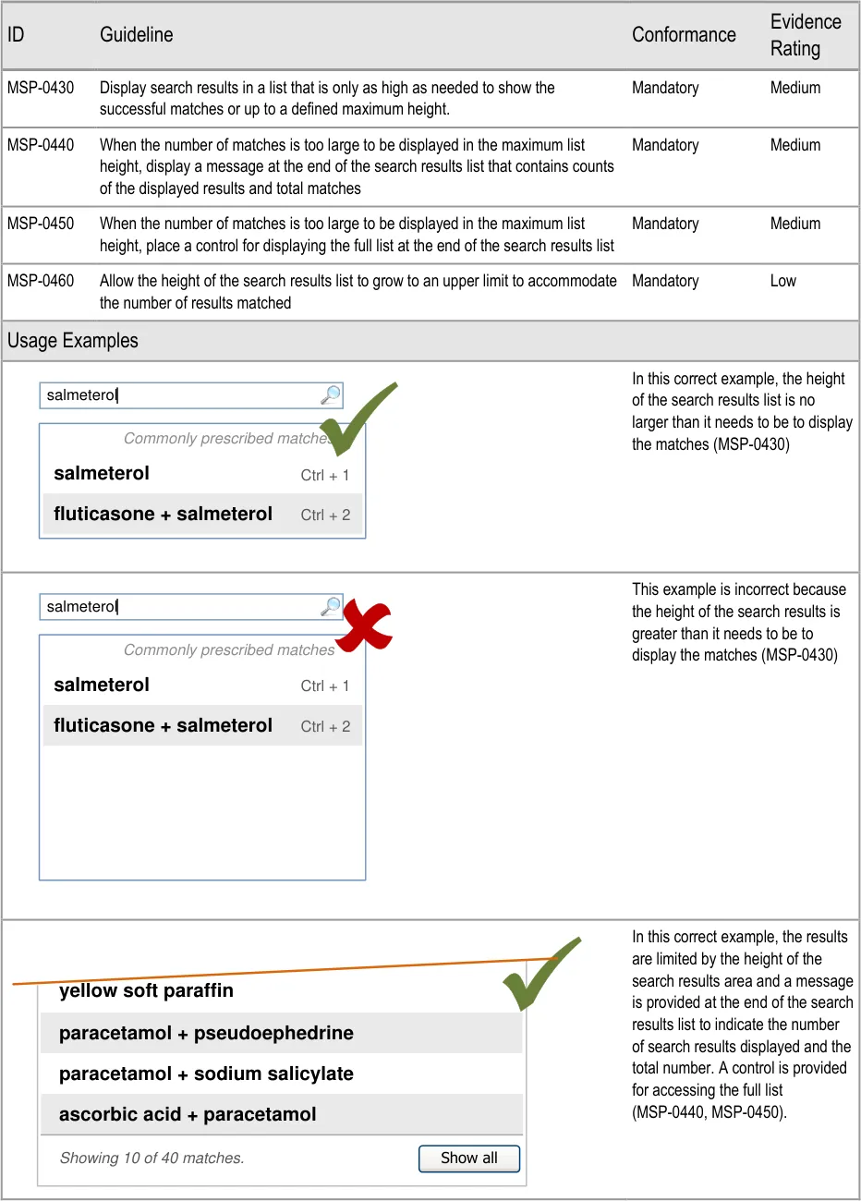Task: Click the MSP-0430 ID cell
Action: pyautogui.click(x=41, y=88)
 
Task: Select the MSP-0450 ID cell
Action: pyautogui.click(x=41, y=224)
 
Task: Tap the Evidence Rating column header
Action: pyautogui.click(x=806, y=35)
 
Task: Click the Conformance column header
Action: pyautogui.click(x=684, y=35)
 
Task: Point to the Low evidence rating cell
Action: pyautogui.click(x=782, y=281)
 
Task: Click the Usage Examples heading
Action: pyautogui.click(x=73, y=341)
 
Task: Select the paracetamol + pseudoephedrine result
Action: pyautogui.click(x=206, y=1033)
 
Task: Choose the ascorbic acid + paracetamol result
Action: pyautogui.click(x=188, y=1114)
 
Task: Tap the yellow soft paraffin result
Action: pyautogui.click(x=146, y=991)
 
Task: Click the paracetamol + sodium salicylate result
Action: pyautogui.click(x=206, y=1074)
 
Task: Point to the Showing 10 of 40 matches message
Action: pyautogui.click(x=152, y=1159)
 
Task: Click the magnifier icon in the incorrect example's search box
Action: pyautogui.click(x=330, y=607)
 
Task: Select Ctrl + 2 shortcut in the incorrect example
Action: pyautogui.click(x=325, y=727)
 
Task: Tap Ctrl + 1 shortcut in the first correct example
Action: pyautogui.click(x=325, y=476)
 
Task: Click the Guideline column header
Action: pyautogui.click(x=136, y=35)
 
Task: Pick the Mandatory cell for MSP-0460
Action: pyautogui.click(x=665, y=281)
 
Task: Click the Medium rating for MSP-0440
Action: pyautogui.click(x=795, y=145)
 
